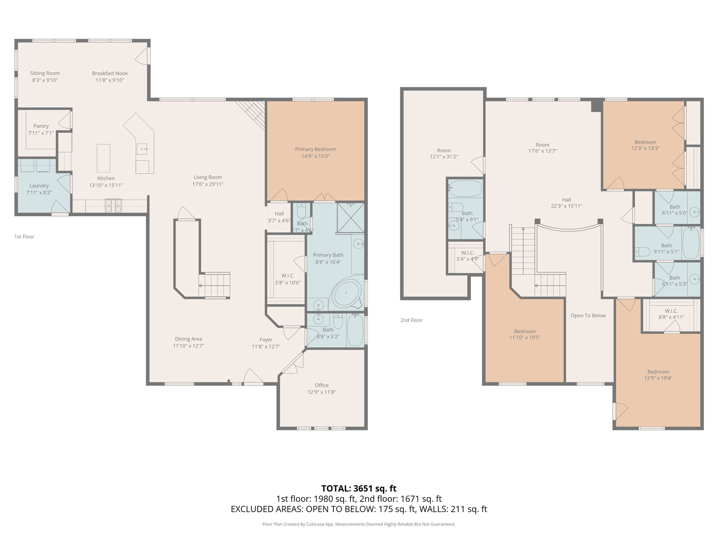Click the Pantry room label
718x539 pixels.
[x=41, y=126]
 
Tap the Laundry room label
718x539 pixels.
[x=39, y=186]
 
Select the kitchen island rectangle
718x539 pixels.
[x=103, y=158]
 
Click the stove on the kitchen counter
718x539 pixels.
[x=114, y=206]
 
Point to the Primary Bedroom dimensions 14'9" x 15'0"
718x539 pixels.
[x=316, y=156]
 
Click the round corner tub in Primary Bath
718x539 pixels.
[x=346, y=293]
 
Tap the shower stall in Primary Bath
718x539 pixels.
[x=351, y=218]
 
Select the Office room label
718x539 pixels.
[x=321, y=385]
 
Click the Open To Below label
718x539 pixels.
[x=588, y=315]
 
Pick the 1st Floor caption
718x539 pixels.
[x=24, y=237]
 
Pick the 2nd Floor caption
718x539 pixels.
[x=411, y=320]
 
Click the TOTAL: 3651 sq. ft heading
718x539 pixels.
[x=359, y=488]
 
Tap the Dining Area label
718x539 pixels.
[x=188, y=339]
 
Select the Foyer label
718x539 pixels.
[x=266, y=340]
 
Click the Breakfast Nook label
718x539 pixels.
[x=110, y=73]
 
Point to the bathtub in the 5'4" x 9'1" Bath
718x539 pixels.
[x=465, y=189]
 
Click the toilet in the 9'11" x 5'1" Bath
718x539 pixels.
[x=642, y=252]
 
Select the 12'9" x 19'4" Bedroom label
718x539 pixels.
[x=658, y=372]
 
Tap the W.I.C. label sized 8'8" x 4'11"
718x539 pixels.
[x=671, y=311]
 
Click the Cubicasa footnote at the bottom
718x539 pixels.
[x=359, y=524]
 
